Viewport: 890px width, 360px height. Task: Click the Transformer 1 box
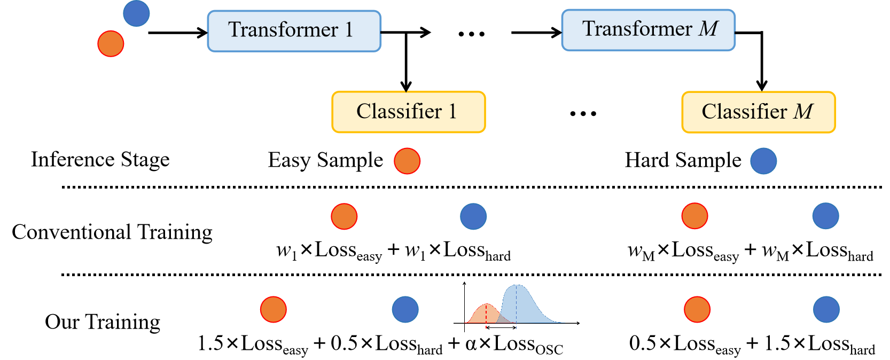click(x=294, y=31)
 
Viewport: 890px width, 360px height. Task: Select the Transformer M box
click(x=648, y=30)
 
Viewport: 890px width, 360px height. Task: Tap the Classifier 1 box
click(x=408, y=112)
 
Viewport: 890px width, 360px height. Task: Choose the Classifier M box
click(x=758, y=112)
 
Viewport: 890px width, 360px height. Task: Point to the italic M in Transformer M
click(x=709, y=29)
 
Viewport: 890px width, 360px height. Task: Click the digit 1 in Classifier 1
click(x=452, y=112)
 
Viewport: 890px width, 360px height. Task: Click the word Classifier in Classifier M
click(x=744, y=112)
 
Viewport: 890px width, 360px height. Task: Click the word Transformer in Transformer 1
click(x=283, y=30)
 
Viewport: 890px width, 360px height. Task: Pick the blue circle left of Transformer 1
click(x=136, y=13)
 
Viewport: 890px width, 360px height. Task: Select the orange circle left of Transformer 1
click(x=111, y=44)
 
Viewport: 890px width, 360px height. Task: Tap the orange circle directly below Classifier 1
click(x=407, y=161)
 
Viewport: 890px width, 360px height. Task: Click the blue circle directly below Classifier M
click(x=763, y=161)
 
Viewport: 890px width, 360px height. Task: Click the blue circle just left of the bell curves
click(x=405, y=310)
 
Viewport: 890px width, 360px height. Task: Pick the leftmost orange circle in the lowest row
click(x=274, y=310)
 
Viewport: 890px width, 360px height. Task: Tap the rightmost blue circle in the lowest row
click(x=826, y=310)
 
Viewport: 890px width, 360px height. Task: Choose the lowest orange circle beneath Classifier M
click(x=697, y=310)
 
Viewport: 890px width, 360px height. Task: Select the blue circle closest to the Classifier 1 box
click(x=473, y=216)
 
